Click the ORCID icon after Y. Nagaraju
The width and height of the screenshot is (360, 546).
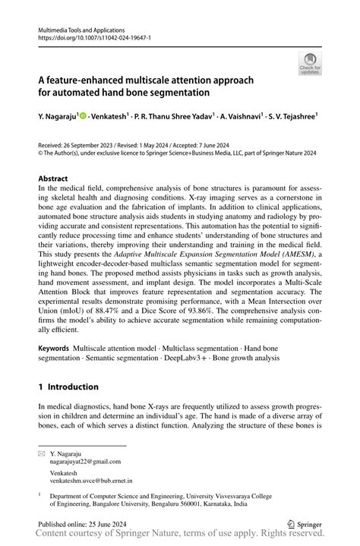point(84,116)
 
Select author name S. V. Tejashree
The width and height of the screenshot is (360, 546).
point(292,117)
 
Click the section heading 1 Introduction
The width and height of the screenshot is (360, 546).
point(68,387)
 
